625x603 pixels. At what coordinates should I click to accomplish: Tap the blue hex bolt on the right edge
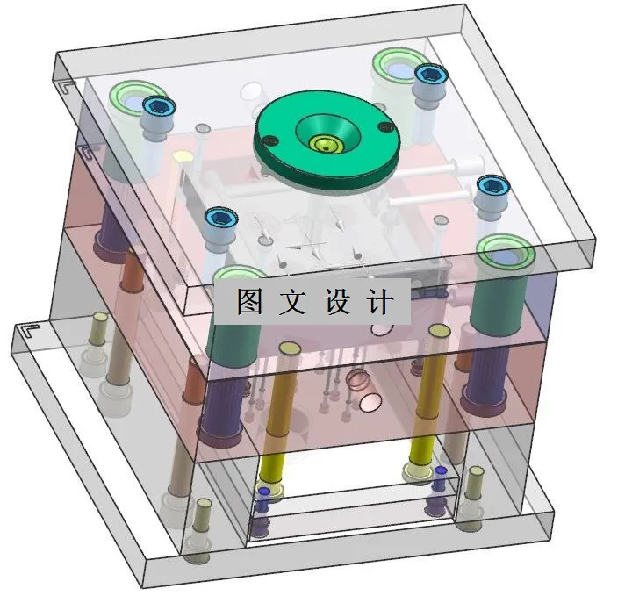point(492,185)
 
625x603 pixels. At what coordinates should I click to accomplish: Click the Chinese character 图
point(250,301)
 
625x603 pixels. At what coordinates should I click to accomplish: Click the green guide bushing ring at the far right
point(506,254)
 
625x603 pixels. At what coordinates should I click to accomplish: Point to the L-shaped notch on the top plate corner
point(66,85)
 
